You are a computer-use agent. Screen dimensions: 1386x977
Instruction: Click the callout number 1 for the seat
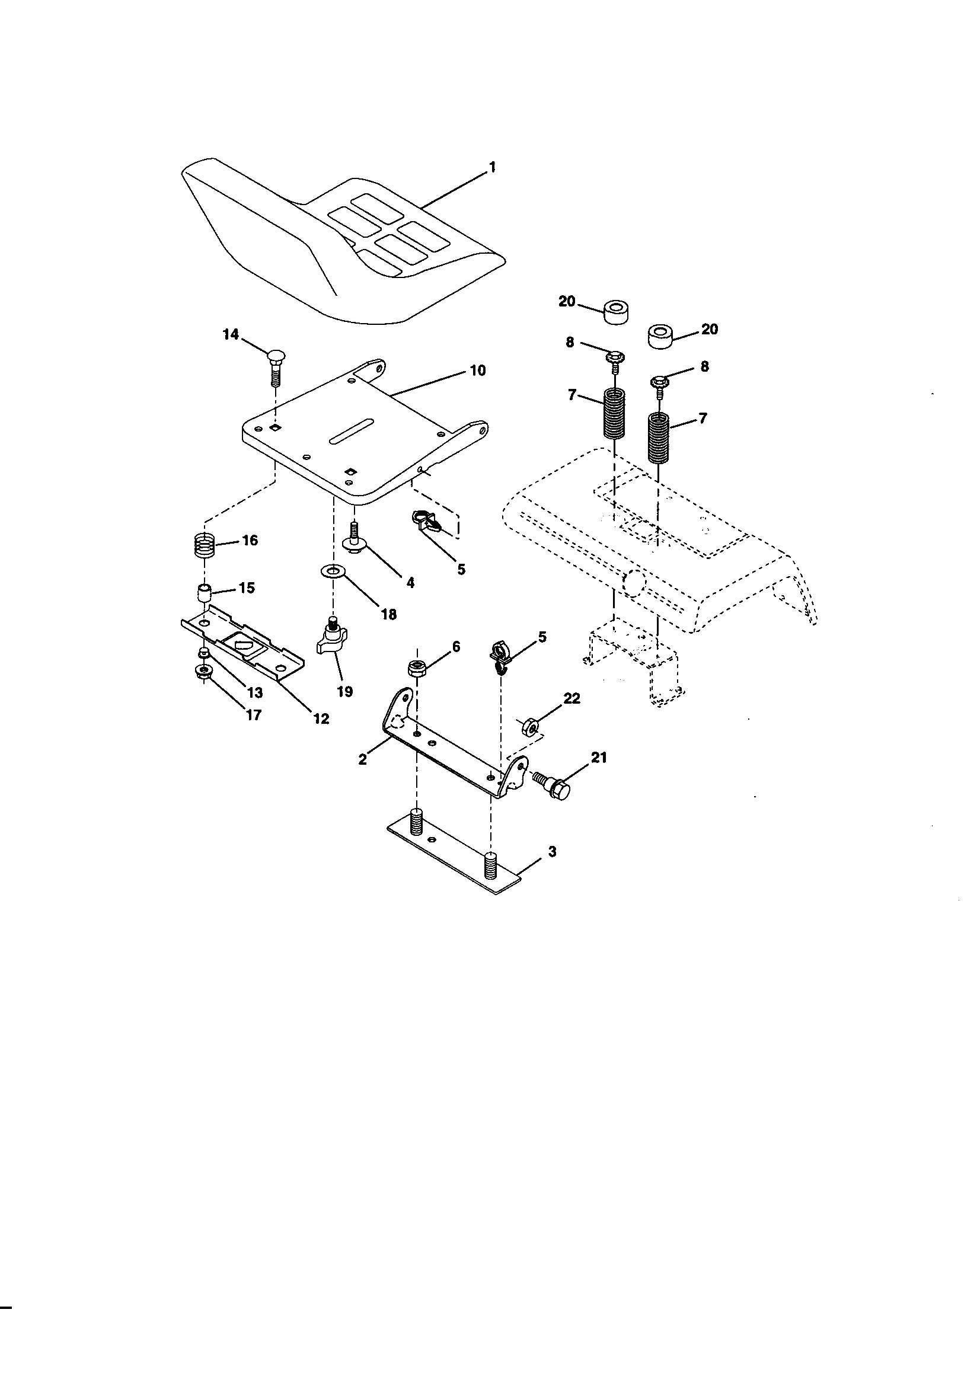coord(492,167)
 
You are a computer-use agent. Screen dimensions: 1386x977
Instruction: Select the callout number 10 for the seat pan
coord(477,370)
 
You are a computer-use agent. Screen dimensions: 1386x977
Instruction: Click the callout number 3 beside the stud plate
coord(551,852)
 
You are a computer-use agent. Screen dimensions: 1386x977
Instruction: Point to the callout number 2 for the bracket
coord(362,759)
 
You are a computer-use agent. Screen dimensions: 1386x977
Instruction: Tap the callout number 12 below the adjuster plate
coord(321,718)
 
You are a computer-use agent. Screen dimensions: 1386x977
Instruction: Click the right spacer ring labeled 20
coord(663,336)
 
